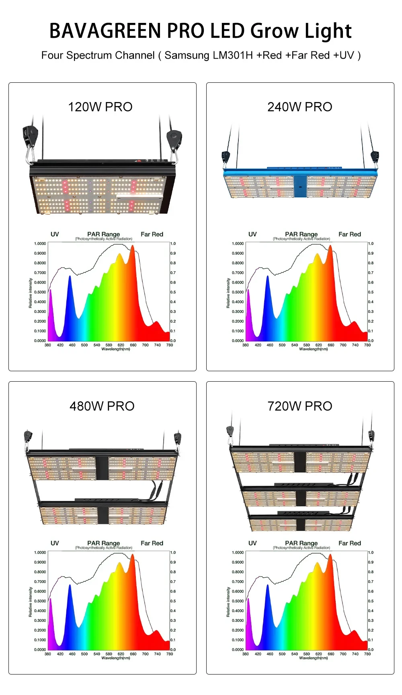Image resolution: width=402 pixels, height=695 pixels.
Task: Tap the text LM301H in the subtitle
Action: pyautogui.click(x=233, y=55)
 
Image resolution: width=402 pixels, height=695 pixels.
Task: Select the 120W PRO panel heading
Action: pyautogui.click(x=100, y=107)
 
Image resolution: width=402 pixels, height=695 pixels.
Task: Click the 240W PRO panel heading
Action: pyautogui.click(x=300, y=107)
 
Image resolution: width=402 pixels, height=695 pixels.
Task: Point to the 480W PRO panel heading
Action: pyautogui.click(x=102, y=406)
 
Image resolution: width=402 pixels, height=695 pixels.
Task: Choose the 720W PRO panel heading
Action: pyautogui.click(x=300, y=406)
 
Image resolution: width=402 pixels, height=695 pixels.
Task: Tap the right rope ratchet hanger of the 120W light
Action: pyautogui.click(x=175, y=139)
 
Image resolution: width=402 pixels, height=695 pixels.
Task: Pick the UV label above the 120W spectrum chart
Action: pyautogui.click(x=55, y=234)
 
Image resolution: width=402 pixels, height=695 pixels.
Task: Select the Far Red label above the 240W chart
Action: pyautogui.click(x=350, y=234)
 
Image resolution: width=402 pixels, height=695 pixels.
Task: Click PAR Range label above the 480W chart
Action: pyautogui.click(x=104, y=543)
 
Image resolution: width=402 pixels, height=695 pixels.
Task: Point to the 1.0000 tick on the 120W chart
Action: pyautogui.click(x=40, y=243)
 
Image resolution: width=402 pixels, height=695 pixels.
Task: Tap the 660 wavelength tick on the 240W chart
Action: pyautogui.click(x=331, y=345)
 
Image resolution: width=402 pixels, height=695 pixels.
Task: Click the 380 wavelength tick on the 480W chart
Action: pyautogui.click(x=48, y=654)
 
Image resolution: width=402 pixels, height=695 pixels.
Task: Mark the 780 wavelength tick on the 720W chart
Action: pyautogui.click(x=367, y=654)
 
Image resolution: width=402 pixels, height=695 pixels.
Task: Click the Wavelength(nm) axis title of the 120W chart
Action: pyautogui.click(x=116, y=349)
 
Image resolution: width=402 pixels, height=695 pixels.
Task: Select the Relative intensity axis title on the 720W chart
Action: pyautogui.click(x=228, y=602)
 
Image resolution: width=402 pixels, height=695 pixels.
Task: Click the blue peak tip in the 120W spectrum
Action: pyautogui.click(x=70, y=277)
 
